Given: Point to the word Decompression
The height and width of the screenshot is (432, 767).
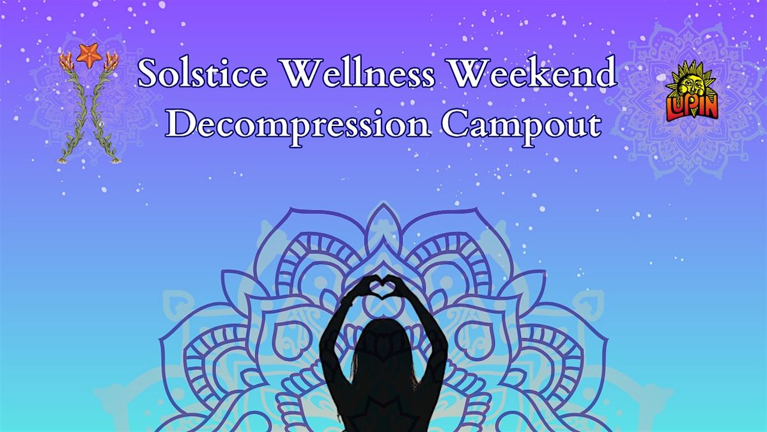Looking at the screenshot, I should (298, 124).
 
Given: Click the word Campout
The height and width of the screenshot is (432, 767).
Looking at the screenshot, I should (522, 124).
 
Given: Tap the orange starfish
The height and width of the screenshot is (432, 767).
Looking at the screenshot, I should (89, 54).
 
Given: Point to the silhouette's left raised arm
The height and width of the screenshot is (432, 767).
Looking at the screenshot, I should (339, 320).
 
